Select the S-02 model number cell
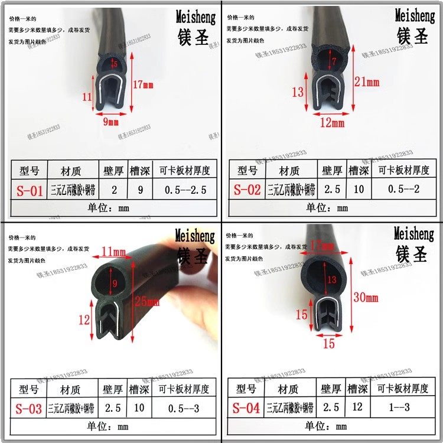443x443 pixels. coord(247,190)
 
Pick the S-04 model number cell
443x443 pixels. coord(245,408)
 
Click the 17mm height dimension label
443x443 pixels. coord(143,85)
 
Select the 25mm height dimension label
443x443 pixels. coord(147,302)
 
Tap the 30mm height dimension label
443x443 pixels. coord(365,297)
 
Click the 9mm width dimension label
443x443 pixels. coord(111,122)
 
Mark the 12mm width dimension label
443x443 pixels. coord(332,123)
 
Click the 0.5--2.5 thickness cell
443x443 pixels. coord(184,190)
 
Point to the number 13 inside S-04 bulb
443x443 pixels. coord(333,279)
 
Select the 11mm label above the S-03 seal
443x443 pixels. coord(114,253)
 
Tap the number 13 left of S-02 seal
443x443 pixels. coord(298,92)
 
